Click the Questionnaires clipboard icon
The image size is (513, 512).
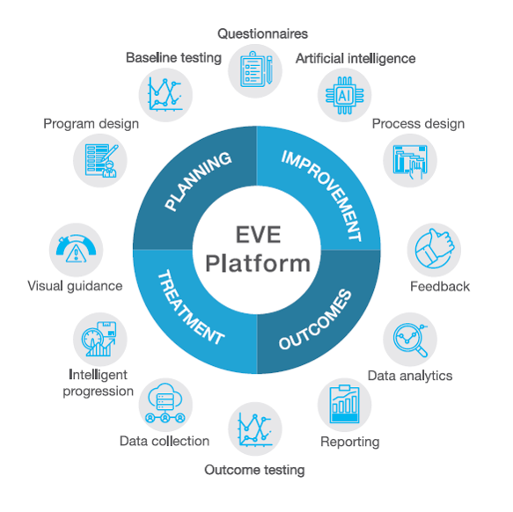[x=255, y=69]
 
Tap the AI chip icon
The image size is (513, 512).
[x=345, y=96]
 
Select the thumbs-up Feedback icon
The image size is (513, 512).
[x=434, y=249]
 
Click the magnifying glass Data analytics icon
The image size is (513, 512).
[x=410, y=340]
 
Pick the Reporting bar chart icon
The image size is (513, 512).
[x=345, y=405]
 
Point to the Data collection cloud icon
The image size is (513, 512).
[x=165, y=403]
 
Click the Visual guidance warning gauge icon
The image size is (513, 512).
[x=76, y=249]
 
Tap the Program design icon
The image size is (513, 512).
[x=101, y=161]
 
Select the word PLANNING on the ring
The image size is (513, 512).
[x=198, y=181]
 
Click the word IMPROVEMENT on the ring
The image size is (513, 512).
[x=323, y=195]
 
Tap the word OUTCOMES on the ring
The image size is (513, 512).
[x=315, y=319]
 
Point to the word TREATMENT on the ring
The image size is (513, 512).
[x=191, y=307]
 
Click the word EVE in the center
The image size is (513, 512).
[x=258, y=234]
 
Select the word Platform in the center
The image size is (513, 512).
[x=258, y=263]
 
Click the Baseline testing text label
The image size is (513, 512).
[x=173, y=57]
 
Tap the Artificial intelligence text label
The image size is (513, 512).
[x=355, y=59]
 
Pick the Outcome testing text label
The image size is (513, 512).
[x=254, y=470]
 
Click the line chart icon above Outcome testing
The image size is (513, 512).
[x=255, y=429]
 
